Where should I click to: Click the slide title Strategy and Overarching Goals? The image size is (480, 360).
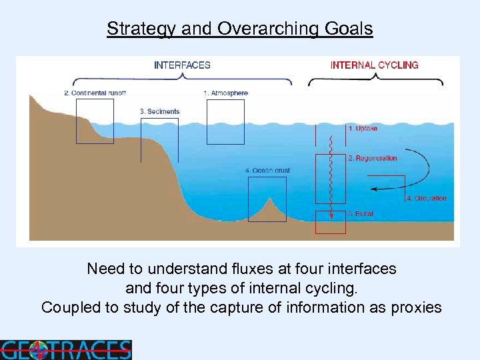(x=240, y=29)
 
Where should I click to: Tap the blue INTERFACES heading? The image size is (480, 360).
(x=182, y=65)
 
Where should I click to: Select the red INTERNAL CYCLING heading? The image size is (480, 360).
(x=375, y=65)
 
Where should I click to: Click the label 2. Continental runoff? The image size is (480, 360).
(x=95, y=93)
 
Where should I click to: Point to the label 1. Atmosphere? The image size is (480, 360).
(x=225, y=93)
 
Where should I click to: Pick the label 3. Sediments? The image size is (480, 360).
(x=160, y=111)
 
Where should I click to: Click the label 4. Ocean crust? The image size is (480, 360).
(x=267, y=171)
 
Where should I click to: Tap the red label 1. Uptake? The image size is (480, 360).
(x=363, y=128)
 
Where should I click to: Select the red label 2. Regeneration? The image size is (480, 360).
(x=372, y=159)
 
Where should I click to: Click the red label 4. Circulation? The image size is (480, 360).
(x=427, y=199)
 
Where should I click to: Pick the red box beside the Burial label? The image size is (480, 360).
(x=331, y=222)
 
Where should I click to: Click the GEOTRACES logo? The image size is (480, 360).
(x=65, y=349)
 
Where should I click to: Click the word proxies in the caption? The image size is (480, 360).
(x=415, y=307)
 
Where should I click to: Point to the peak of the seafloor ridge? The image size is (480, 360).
(x=270, y=198)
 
